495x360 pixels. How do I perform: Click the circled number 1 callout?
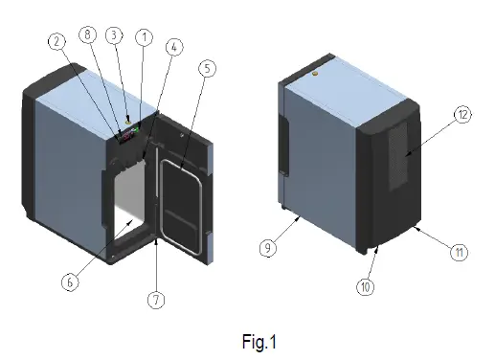point(145,36)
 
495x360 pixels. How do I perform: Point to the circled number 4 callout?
point(173,45)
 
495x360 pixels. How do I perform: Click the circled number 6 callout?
point(68,281)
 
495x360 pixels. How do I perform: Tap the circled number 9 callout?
point(267,248)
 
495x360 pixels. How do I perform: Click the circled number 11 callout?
point(460,253)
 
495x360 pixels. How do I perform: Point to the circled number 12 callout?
point(461,114)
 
